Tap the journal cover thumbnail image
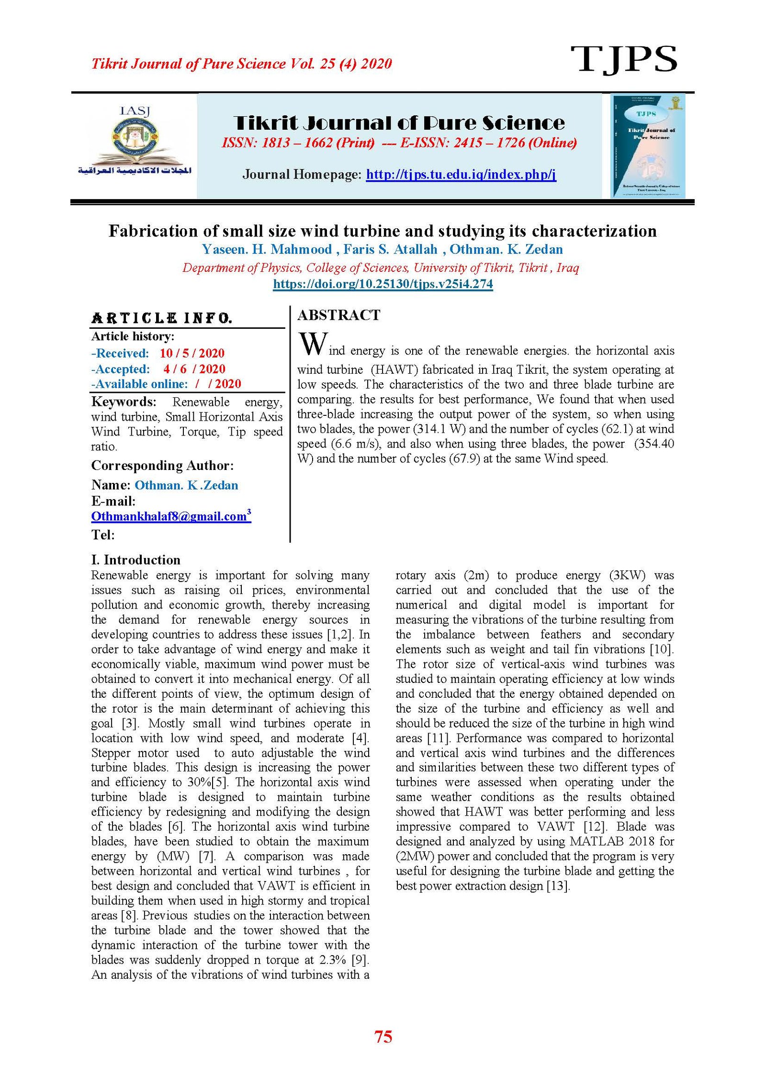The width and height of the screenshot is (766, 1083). point(647,145)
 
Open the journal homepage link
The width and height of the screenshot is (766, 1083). point(461,174)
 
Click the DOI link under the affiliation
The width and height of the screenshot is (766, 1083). point(383,284)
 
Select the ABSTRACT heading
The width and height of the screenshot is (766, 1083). point(338,315)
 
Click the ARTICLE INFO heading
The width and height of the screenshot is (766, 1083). point(162,318)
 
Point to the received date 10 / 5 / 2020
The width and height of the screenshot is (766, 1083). point(191,353)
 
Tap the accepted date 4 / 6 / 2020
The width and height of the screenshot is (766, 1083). point(194,369)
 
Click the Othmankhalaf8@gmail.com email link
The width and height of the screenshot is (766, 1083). point(169,516)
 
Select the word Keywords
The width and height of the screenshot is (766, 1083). point(124,402)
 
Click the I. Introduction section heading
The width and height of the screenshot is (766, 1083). point(135,560)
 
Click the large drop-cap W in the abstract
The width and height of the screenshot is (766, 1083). point(313,344)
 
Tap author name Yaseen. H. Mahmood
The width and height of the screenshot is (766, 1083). point(266,249)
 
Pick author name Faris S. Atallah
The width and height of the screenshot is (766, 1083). point(390,249)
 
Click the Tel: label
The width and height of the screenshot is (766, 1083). point(103,535)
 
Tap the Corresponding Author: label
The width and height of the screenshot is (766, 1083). point(162,466)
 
